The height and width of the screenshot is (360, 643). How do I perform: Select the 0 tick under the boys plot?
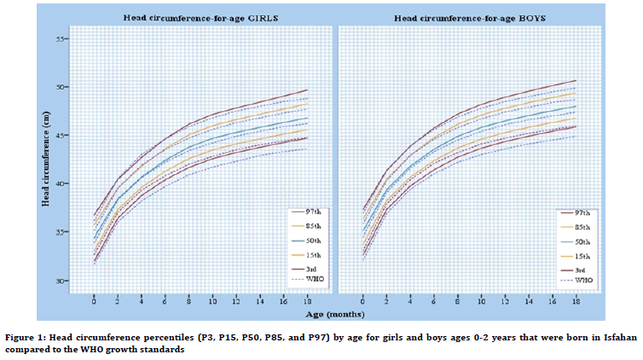click(362, 301)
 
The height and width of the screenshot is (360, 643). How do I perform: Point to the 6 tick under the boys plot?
click(434, 301)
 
